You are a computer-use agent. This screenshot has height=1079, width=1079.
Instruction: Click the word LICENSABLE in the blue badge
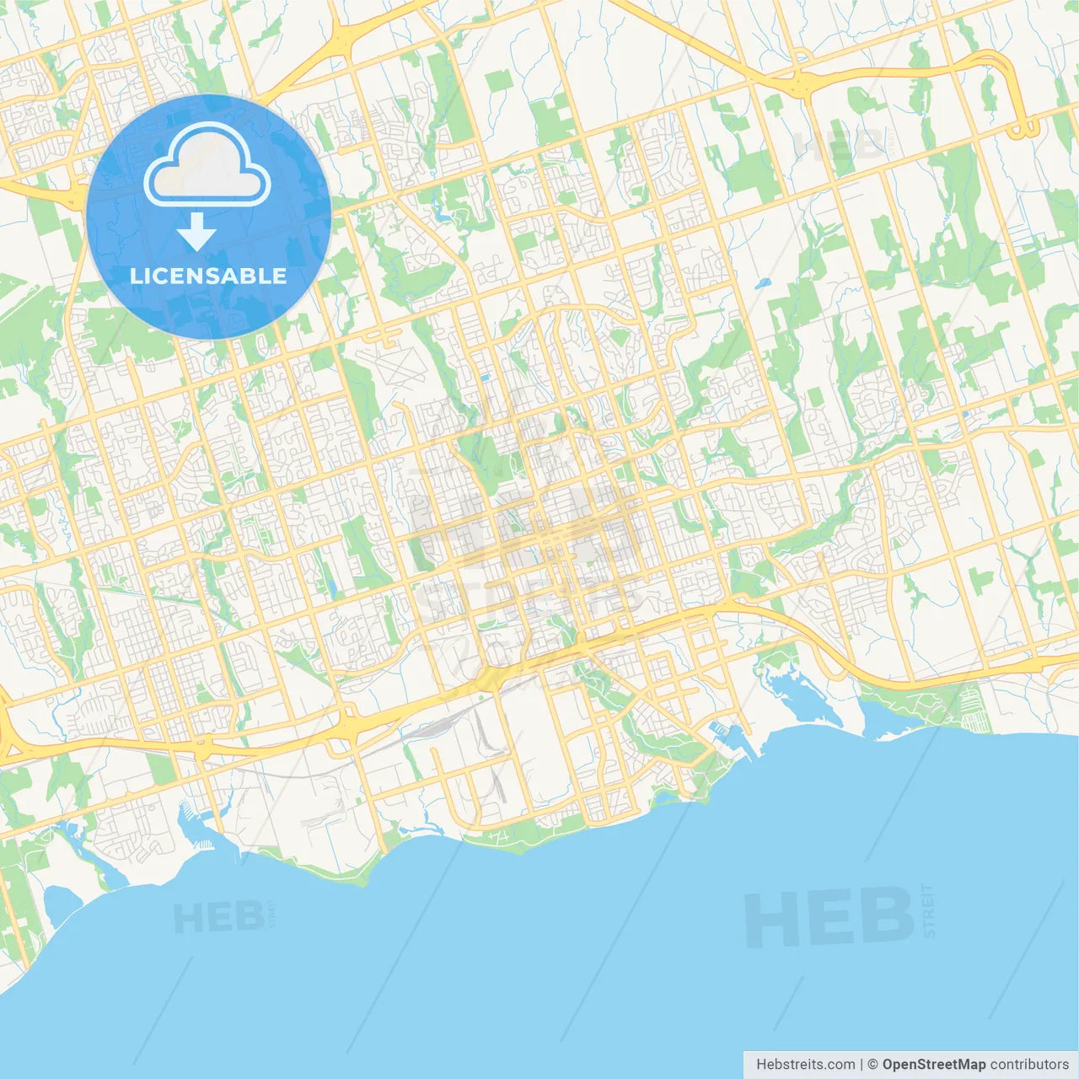tap(208, 276)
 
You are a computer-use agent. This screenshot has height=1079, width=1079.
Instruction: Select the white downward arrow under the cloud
tap(196, 232)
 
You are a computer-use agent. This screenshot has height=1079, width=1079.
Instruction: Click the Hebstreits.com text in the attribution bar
tap(805, 1065)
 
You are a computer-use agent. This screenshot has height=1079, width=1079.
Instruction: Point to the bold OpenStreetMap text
tap(933, 1065)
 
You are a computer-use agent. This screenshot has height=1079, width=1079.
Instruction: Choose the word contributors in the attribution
tap(1028, 1065)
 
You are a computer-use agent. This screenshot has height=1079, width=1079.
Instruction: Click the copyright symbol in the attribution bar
tap(872, 1065)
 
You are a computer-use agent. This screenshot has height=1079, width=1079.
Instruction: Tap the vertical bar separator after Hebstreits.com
tap(861, 1065)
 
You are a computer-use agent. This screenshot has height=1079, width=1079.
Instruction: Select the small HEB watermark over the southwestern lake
tap(218, 918)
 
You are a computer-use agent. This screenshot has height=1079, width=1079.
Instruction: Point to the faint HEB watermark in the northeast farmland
tap(839, 145)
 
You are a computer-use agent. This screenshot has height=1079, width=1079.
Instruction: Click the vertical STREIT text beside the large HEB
tap(929, 910)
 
